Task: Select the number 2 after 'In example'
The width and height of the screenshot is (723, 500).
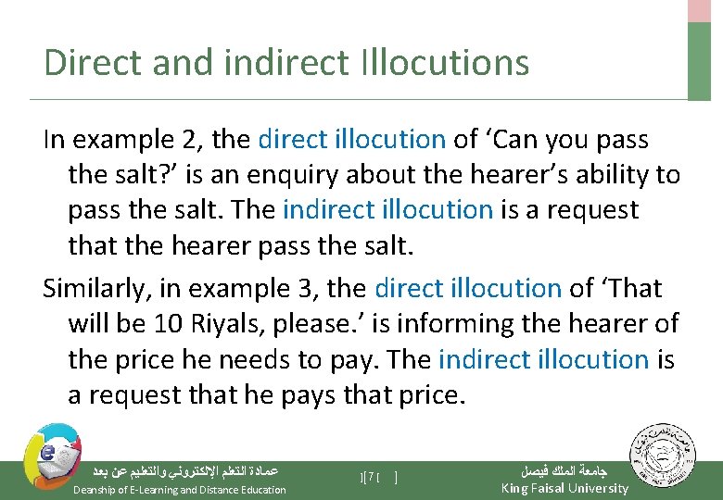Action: coord(192,140)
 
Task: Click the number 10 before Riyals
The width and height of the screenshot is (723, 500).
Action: coord(199,323)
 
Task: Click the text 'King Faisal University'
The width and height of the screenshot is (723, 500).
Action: coord(564,488)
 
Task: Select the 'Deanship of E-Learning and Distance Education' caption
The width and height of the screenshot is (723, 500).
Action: coord(180,489)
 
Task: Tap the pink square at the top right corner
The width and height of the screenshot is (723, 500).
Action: coord(700,10)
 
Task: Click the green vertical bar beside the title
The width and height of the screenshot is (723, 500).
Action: coord(700,60)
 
